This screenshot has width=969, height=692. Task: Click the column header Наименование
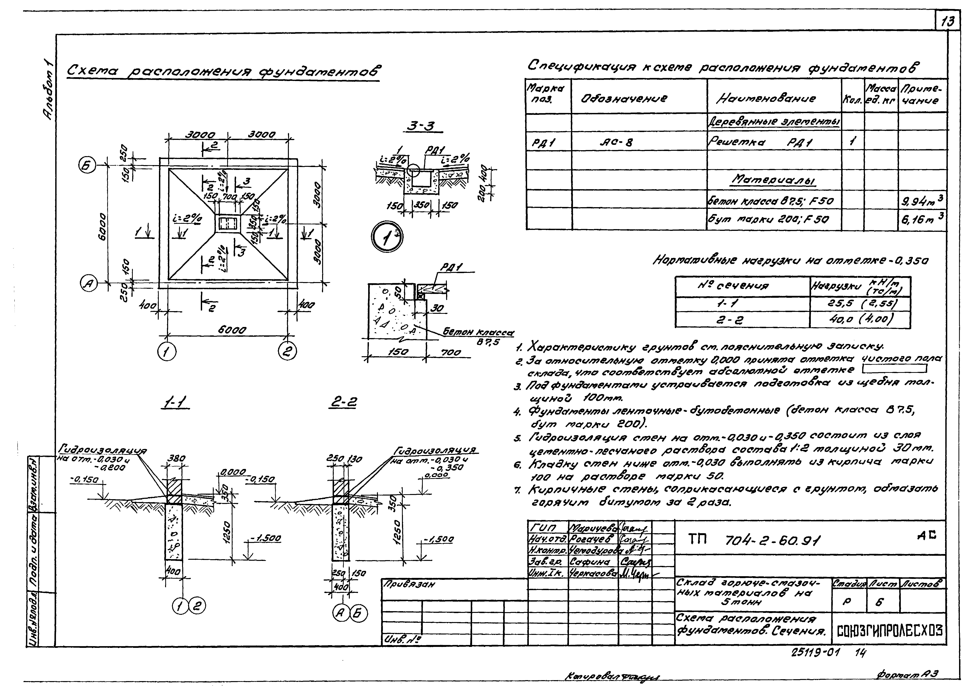767,98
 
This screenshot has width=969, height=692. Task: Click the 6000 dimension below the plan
232,330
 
